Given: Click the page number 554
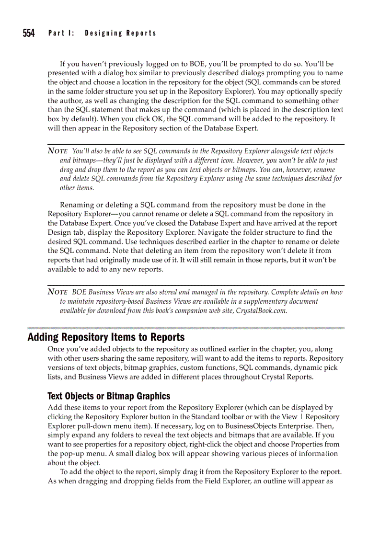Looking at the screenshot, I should coord(28,33).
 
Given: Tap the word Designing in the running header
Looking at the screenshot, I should coord(103,33).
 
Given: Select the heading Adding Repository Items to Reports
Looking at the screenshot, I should coord(106,337).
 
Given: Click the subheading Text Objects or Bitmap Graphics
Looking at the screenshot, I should coord(109,396).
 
